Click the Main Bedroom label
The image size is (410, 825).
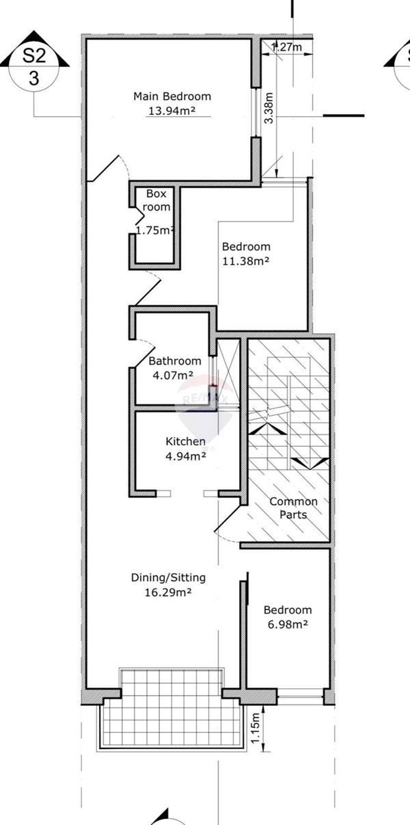[x=172, y=96]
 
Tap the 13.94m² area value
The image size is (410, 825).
[x=172, y=111]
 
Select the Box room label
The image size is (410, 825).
[x=156, y=200]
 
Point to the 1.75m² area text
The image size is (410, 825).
[x=154, y=230]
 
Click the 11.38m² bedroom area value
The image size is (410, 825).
[x=245, y=261]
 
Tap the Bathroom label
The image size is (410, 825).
[x=175, y=361]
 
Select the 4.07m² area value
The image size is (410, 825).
[x=173, y=376]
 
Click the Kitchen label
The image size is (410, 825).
[x=185, y=441]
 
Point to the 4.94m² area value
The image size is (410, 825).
[x=185, y=456]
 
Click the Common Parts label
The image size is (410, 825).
[x=293, y=508]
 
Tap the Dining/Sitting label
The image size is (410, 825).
[x=168, y=577]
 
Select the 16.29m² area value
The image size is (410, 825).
[x=168, y=592]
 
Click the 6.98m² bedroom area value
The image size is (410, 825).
[x=288, y=625]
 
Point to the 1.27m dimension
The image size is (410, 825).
[x=287, y=47]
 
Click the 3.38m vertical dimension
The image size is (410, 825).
[x=269, y=108]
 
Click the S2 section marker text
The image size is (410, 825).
[x=34, y=55]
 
